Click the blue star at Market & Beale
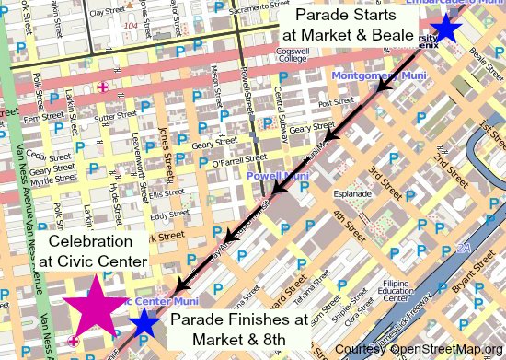tap(446, 27)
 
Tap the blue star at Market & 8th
tap(144, 322)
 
